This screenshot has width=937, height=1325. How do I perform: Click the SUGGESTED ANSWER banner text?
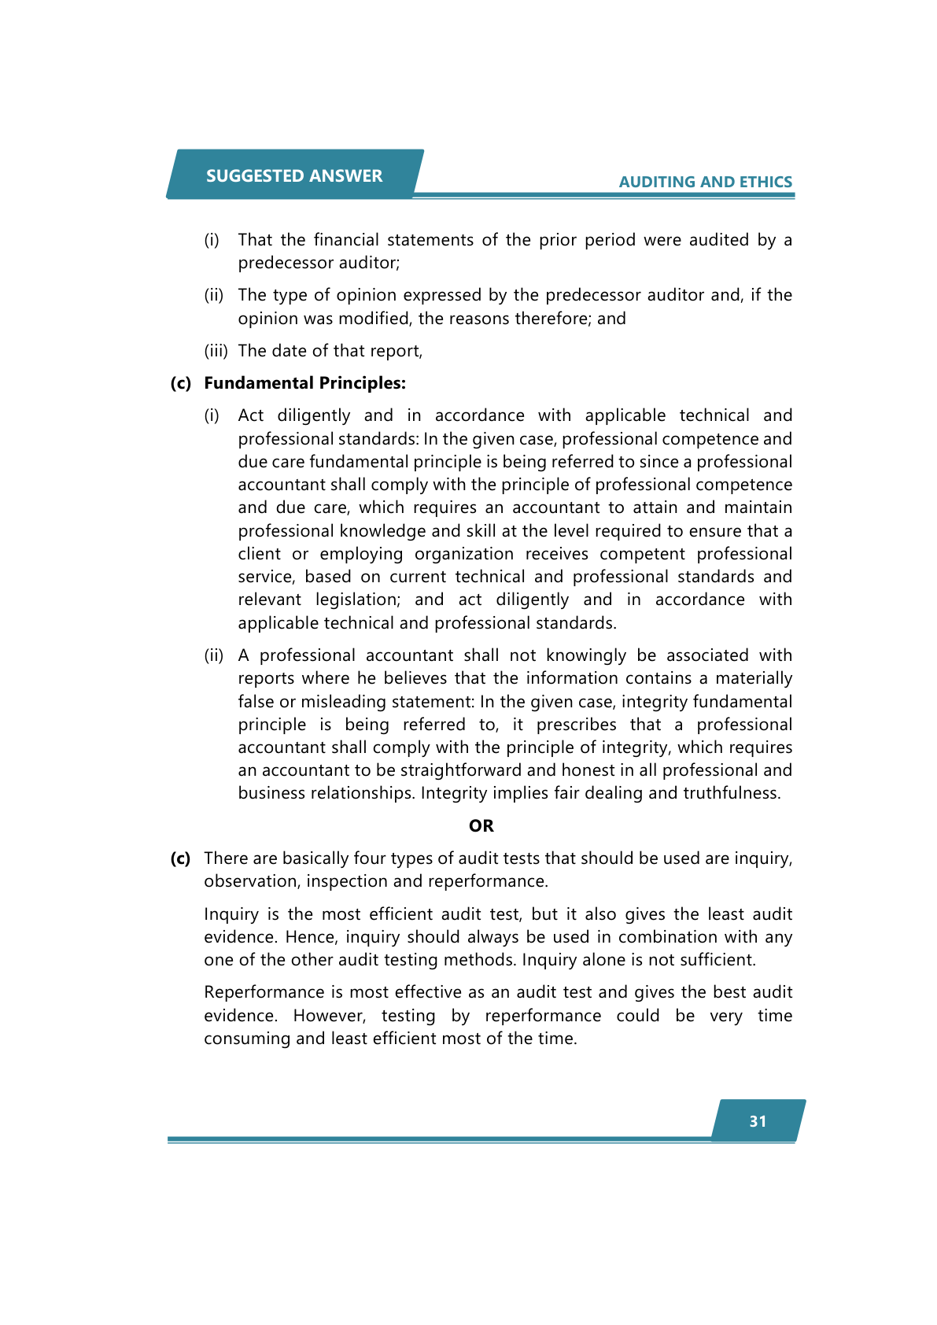coord(294,175)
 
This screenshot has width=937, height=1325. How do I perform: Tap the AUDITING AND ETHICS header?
coord(705,182)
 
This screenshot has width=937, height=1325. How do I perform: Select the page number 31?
coord(758,1121)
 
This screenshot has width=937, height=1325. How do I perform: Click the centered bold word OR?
coord(481,825)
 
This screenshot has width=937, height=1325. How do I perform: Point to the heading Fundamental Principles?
coord(304,383)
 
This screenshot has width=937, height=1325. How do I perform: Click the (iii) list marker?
coord(216,351)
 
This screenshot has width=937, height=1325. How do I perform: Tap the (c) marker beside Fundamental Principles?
coord(181,383)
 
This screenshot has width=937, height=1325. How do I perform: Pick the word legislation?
coord(357,600)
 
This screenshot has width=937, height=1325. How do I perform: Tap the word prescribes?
coord(576,725)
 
